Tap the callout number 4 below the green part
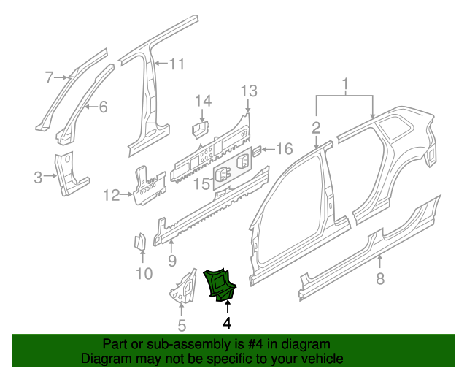(x=227, y=323)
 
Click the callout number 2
(x=316, y=128)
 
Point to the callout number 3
(x=38, y=175)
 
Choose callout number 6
(x=50, y=77)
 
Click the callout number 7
(x=379, y=278)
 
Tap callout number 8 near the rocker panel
(x=171, y=259)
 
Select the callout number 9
(x=144, y=274)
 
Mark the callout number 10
(x=177, y=64)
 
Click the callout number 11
(x=111, y=195)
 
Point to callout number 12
(x=249, y=91)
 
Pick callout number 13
(x=203, y=100)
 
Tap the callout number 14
(x=201, y=183)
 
